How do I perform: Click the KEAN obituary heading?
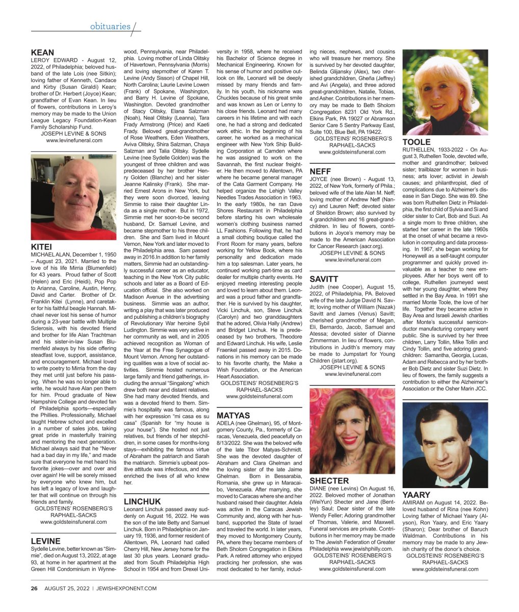(x=42, y=53)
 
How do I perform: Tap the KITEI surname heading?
(x=42, y=247)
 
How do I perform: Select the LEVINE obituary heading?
(x=45, y=541)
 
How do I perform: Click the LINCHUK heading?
(x=142, y=501)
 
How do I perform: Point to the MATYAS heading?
(x=233, y=416)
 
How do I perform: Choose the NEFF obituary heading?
(x=320, y=171)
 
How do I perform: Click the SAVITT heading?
(x=324, y=279)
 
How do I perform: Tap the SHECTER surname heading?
(x=329, y=480)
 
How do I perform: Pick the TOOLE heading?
(x=417, y=142)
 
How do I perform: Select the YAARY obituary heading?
(x=417, y=495)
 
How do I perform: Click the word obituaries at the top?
(x=111, y=26)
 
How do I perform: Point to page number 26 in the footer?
(x=34, y=588)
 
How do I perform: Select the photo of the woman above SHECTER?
(x=352, y=431)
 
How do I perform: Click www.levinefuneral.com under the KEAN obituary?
(x=74, y=140)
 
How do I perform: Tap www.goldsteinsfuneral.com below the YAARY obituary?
(x=445, y=569)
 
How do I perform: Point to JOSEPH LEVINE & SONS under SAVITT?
(x=352, y=367)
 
